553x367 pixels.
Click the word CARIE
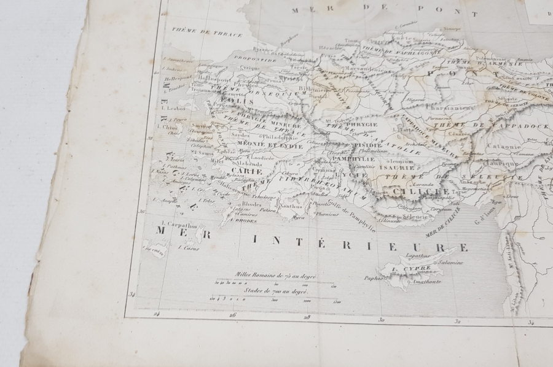(246, 171)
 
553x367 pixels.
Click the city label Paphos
(374, 277)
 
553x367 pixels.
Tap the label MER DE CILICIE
(442, 223)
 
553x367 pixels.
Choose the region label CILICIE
(409, 191)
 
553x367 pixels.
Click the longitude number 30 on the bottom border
(381, 319)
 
